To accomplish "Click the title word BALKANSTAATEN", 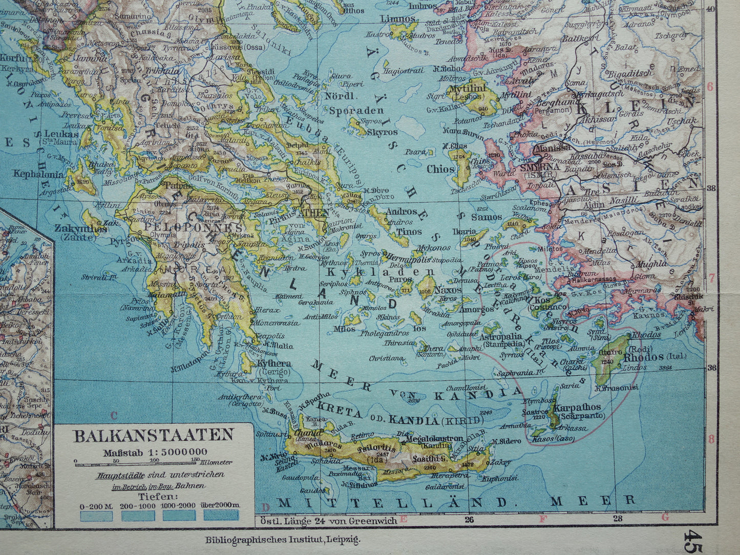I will tap(154, 436).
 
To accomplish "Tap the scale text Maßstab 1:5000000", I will tap(155, 452).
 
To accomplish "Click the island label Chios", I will tap(440, 169).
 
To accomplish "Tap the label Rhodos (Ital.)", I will tap(647, 357).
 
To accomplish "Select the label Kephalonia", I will tap(39, 174).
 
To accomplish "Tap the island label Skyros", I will tap(383, 132).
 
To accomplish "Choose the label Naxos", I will tap(448, 290).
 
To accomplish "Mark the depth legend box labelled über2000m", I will tap(221, 515).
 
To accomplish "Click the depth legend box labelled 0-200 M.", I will tap(96, 515).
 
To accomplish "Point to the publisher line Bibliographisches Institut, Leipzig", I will tap(283, 539).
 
